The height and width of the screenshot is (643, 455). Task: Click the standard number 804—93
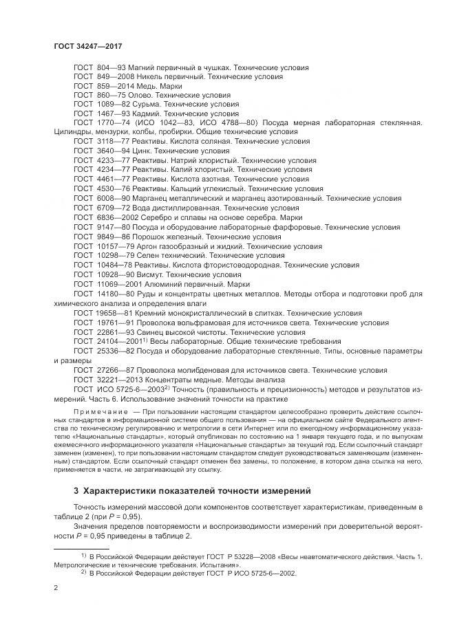click(109, 68)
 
